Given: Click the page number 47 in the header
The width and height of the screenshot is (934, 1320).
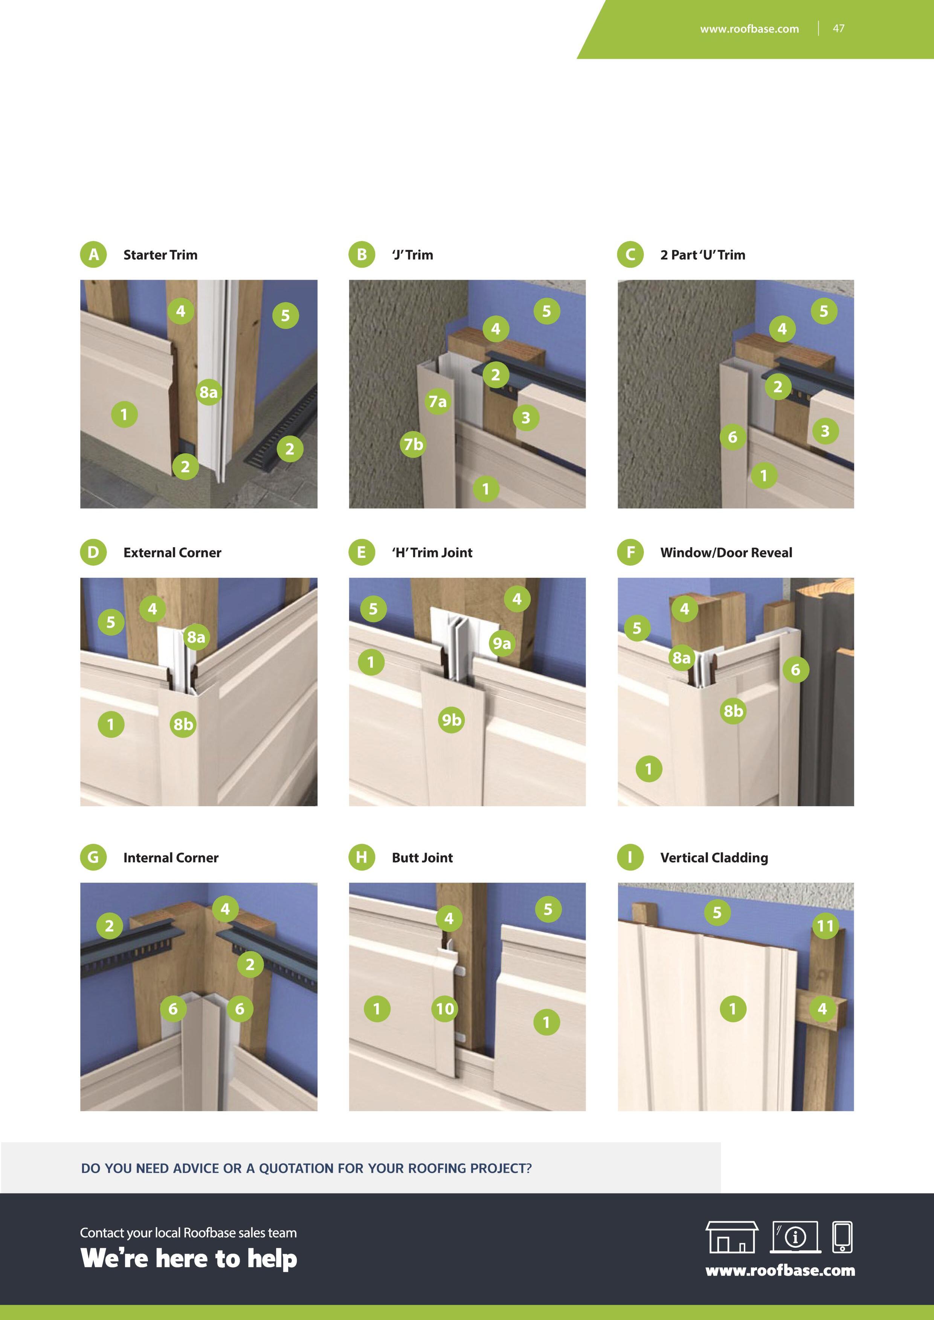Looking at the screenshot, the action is tap(839, 28).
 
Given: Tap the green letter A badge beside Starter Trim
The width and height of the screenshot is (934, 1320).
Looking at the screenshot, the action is tap(93, 255).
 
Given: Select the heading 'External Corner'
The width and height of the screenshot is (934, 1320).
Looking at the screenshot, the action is tap(172, 553).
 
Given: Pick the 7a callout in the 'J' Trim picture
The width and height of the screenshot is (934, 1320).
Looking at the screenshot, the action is tap(438, 401).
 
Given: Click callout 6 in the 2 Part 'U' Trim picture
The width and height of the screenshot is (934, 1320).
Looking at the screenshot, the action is tap(732, 437).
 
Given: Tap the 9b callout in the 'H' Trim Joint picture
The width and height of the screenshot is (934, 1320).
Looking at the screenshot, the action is tap(452, 719).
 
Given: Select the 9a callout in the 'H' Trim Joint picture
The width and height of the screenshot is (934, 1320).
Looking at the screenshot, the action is tap(502, 643).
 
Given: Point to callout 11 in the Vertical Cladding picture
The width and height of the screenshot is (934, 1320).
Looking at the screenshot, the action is tap(825, 926).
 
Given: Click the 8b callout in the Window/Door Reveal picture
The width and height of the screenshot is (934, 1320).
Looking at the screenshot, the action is tap(733, 711).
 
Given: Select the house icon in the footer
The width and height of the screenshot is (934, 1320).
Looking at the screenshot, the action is tap(731, 1237).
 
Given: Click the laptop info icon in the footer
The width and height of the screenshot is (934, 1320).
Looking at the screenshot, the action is tap(795, 1237).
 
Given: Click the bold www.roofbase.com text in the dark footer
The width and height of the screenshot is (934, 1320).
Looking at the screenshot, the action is tap(780, 1270).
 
